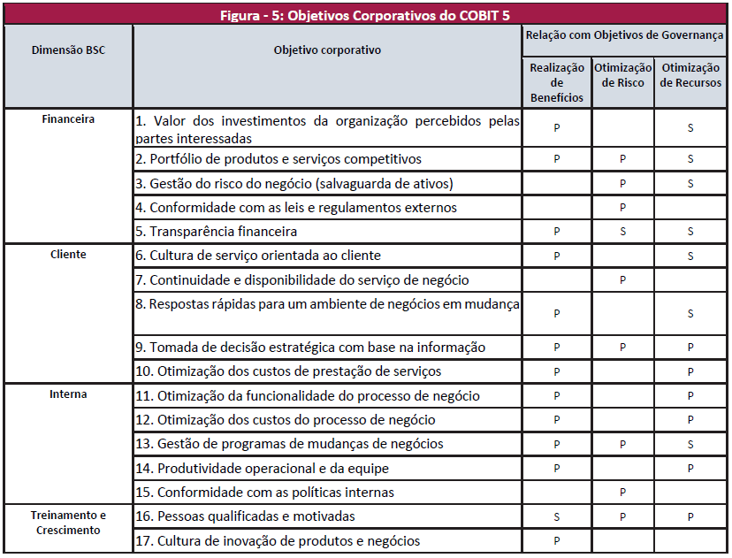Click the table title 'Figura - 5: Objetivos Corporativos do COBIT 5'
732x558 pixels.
pyautogui.click(x=365, y=14)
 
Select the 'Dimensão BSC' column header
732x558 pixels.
pyautogui.click(x=68, y=50)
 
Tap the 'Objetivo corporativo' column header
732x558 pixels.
pyautogui.click(x=327, y=50)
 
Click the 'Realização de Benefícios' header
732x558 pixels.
pyautogui.click(x=557, y=82)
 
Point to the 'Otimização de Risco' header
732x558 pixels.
pyautogui.click(x=623, y=75)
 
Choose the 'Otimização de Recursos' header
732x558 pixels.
pyautogui.click(x=690, y=75)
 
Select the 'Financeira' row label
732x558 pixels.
pyautogui.click(x=68, y=118)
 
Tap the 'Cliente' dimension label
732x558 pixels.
pyautogui.click(x=68, y=255)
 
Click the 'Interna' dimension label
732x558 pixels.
pyautogui.click(x=68, y=394)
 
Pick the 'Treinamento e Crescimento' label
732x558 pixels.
pyautogui.click(x=68, y=523)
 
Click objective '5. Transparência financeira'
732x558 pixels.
pyautogui.click(x=217, y=232)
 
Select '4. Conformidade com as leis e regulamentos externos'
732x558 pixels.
pyautogui.click(x=296, y=208)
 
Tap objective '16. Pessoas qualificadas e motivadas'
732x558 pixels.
pyautogui.click(x=255, y=516)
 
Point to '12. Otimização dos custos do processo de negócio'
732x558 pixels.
pyautogui.click(x=286, y=420)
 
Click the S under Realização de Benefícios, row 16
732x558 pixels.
pyautogui.click(x=557, y=516)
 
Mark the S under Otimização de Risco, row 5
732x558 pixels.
pyautogui.click(x=623, y=232)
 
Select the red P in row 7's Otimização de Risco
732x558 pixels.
pyautogui.click(x=623, y=280)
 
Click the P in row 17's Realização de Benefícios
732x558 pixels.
pyautogui.click(x=557, y=540)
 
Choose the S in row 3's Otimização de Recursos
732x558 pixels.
pyautogui.click(x=690, y=184)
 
